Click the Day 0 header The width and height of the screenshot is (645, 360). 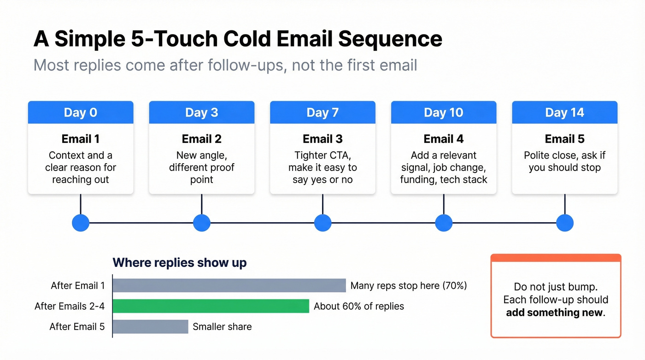tap(81, 112)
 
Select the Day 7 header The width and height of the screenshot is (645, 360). tap(322, 112)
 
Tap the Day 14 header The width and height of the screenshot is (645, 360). tap(564, 112)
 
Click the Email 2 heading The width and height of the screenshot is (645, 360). tap(201, 139)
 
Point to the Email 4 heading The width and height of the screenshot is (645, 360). tap(443, 139)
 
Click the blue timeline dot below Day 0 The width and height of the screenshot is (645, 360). tap(81, 223)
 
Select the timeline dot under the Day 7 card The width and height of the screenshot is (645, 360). tap(322, 223)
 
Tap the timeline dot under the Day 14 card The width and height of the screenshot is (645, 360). tap(564, 223)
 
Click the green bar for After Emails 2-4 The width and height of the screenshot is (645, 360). tap(211, 306)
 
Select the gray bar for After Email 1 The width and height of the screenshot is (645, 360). tap(229, 285)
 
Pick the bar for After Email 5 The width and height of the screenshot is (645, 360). tap(150, 327)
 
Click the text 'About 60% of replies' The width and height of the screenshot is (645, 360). tap(358, 306)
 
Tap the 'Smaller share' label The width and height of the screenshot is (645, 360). tap(222, 327)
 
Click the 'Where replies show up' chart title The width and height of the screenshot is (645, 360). tap(180, 263)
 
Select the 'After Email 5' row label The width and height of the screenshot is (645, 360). tap(77, 327)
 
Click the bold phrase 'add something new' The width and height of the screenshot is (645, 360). tap(554, 313)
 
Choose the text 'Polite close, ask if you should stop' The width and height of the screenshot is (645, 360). tap(564, 161)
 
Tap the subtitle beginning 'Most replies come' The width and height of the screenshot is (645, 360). tap(225, 65)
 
